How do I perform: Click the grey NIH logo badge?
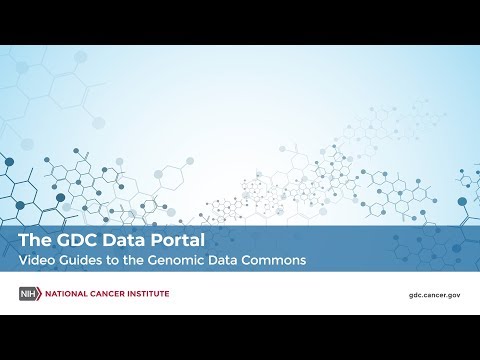coord(30,293)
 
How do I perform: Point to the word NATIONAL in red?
coord(67,293)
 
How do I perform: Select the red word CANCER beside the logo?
coord(113,293)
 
